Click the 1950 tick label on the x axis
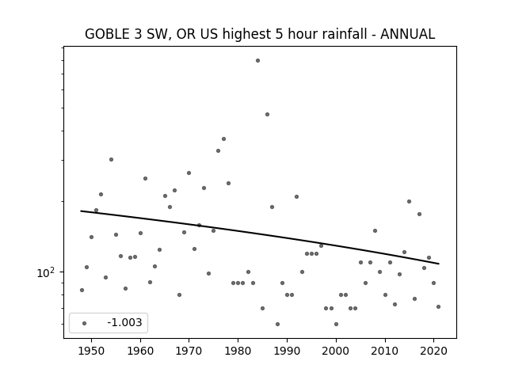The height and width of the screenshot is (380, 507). pyautogui.click(x=92, y=351)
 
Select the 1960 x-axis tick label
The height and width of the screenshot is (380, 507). pyautogui.click(x=140, y=351)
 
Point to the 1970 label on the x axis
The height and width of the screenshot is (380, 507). pyautogui.click(x=189, y=351)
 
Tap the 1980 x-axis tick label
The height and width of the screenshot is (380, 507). pyautogui.click(x=238, y=351)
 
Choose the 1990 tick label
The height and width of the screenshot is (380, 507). pyautogui.click(x=287, y=351)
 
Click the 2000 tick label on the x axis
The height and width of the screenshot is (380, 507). pyautogui.click(x=336, y=351)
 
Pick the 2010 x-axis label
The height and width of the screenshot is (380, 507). pyautogui.click(x=385, y=351)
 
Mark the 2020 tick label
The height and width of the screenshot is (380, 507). pyautogui.click(x=433, y=351)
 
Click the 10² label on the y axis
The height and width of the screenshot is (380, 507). pyautogui.click(x=46, y=272)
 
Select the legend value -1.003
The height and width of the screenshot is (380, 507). pyautogui.click(x=124, y=322)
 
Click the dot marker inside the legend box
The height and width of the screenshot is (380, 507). pyautogui.click(x=85, y=323)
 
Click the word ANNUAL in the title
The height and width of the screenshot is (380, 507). pyautogui.click(x=407, y=34)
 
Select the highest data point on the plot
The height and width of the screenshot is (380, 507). pyautogui.click(x=257, y=60)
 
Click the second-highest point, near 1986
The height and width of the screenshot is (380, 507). pyautogui.click(x=267, y=114)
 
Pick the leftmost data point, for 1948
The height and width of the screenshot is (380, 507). pyautogui.click(x=82, y=291)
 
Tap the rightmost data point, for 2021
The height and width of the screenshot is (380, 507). pyautogui.click(x=438, y=306)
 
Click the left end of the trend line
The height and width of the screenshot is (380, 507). pyautogui.click(x=81, y=211)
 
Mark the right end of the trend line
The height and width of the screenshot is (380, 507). pyautogui.click(x=439, y=264)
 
